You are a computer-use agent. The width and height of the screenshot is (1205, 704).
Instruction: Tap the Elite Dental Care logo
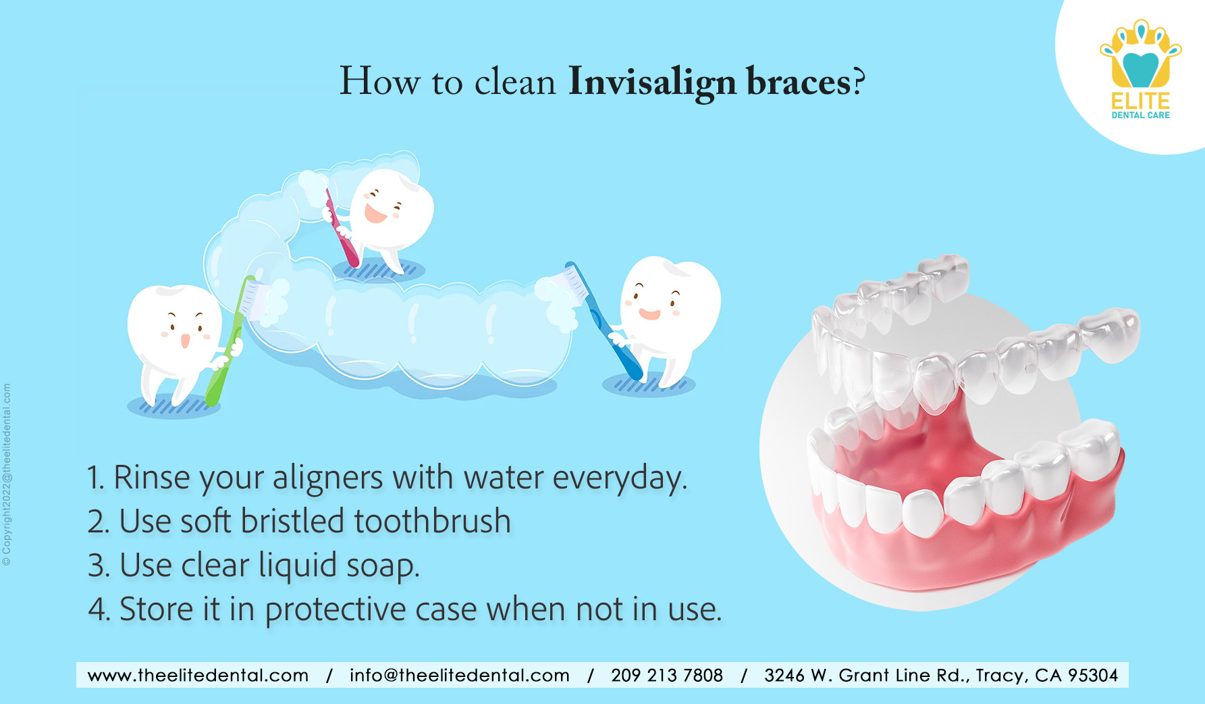coord(1140,70)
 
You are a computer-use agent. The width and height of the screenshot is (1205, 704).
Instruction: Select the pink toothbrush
coord(340,226)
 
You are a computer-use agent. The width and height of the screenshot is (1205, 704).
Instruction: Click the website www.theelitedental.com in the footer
coord(198,675)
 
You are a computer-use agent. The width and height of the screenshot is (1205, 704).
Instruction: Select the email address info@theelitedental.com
coord(459,675)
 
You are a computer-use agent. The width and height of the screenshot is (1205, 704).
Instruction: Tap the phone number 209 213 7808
coord(667,675)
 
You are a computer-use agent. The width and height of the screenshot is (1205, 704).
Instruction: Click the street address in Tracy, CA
coord(941,675)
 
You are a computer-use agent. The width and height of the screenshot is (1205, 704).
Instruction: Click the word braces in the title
coord(799,82)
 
